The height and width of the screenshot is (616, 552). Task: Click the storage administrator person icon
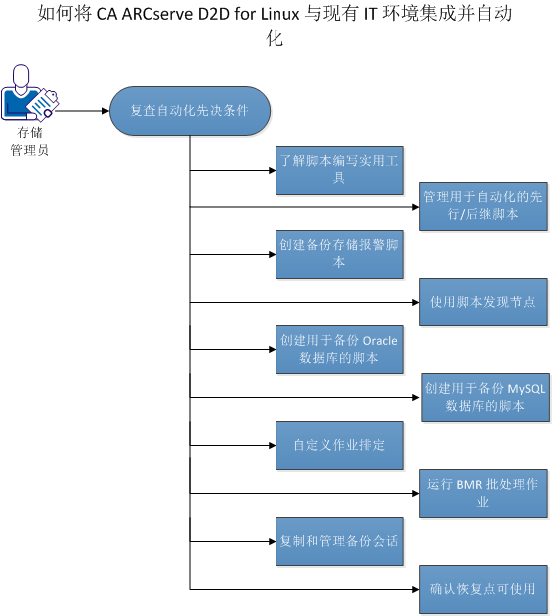[27, 93]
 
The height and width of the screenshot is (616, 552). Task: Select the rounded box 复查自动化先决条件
[189, 110]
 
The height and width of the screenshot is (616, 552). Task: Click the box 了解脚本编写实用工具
[338, 169]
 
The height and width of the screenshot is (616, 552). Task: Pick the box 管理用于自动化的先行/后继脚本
[484, 207]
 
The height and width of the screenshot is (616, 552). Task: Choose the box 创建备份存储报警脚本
[338, 253]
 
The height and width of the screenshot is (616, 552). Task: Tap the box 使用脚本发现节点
[484, 300]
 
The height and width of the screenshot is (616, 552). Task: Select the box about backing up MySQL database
[484, 396]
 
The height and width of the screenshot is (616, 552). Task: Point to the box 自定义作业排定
[338, 444]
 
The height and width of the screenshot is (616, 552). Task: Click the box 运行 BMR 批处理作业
[484, 492]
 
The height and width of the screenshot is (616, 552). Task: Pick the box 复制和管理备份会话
[338, 540]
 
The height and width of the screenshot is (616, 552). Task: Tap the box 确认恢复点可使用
[484, 588]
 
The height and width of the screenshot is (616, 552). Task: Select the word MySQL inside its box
[527, 388]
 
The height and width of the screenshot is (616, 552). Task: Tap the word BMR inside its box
[469, 484]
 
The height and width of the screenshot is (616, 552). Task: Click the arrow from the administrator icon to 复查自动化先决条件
[80, 110]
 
